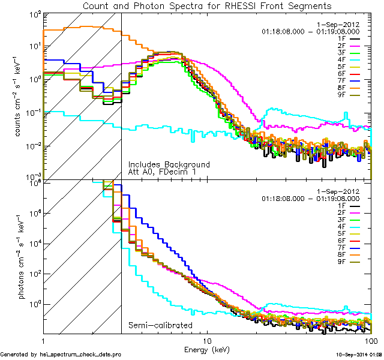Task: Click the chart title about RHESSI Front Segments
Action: [206, 5]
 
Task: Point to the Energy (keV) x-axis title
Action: [207, 349]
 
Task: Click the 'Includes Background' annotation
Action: [169, 164]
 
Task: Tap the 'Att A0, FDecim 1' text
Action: [162, 172]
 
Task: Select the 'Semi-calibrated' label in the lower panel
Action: [160, 325]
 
